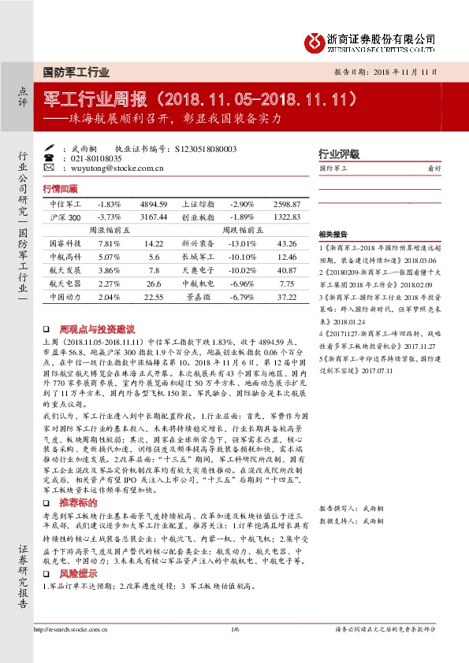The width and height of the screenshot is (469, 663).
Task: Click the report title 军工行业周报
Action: pos(99,100)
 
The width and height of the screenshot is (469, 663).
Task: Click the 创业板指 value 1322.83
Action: pos(286,217)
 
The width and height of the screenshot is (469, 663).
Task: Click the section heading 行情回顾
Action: pos(61,189)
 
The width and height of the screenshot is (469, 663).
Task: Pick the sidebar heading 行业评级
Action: pos(338,154)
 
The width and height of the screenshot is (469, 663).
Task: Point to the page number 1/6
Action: pos(234,629)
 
